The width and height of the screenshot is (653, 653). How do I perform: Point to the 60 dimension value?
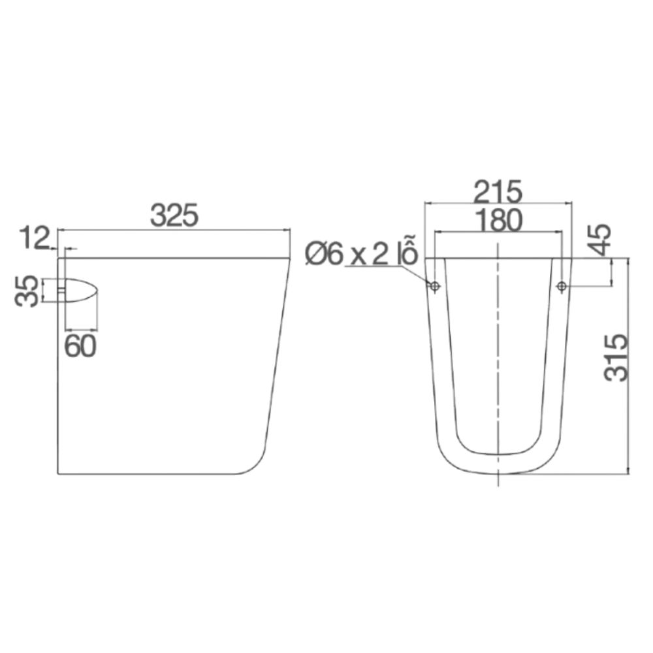(x=80, y=346)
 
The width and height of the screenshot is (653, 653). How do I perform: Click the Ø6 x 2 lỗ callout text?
(x=360, y=255)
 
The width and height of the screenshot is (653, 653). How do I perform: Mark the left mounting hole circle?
(x=434, y=286)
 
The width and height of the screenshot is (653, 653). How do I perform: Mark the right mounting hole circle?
(x=561, y=286)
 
